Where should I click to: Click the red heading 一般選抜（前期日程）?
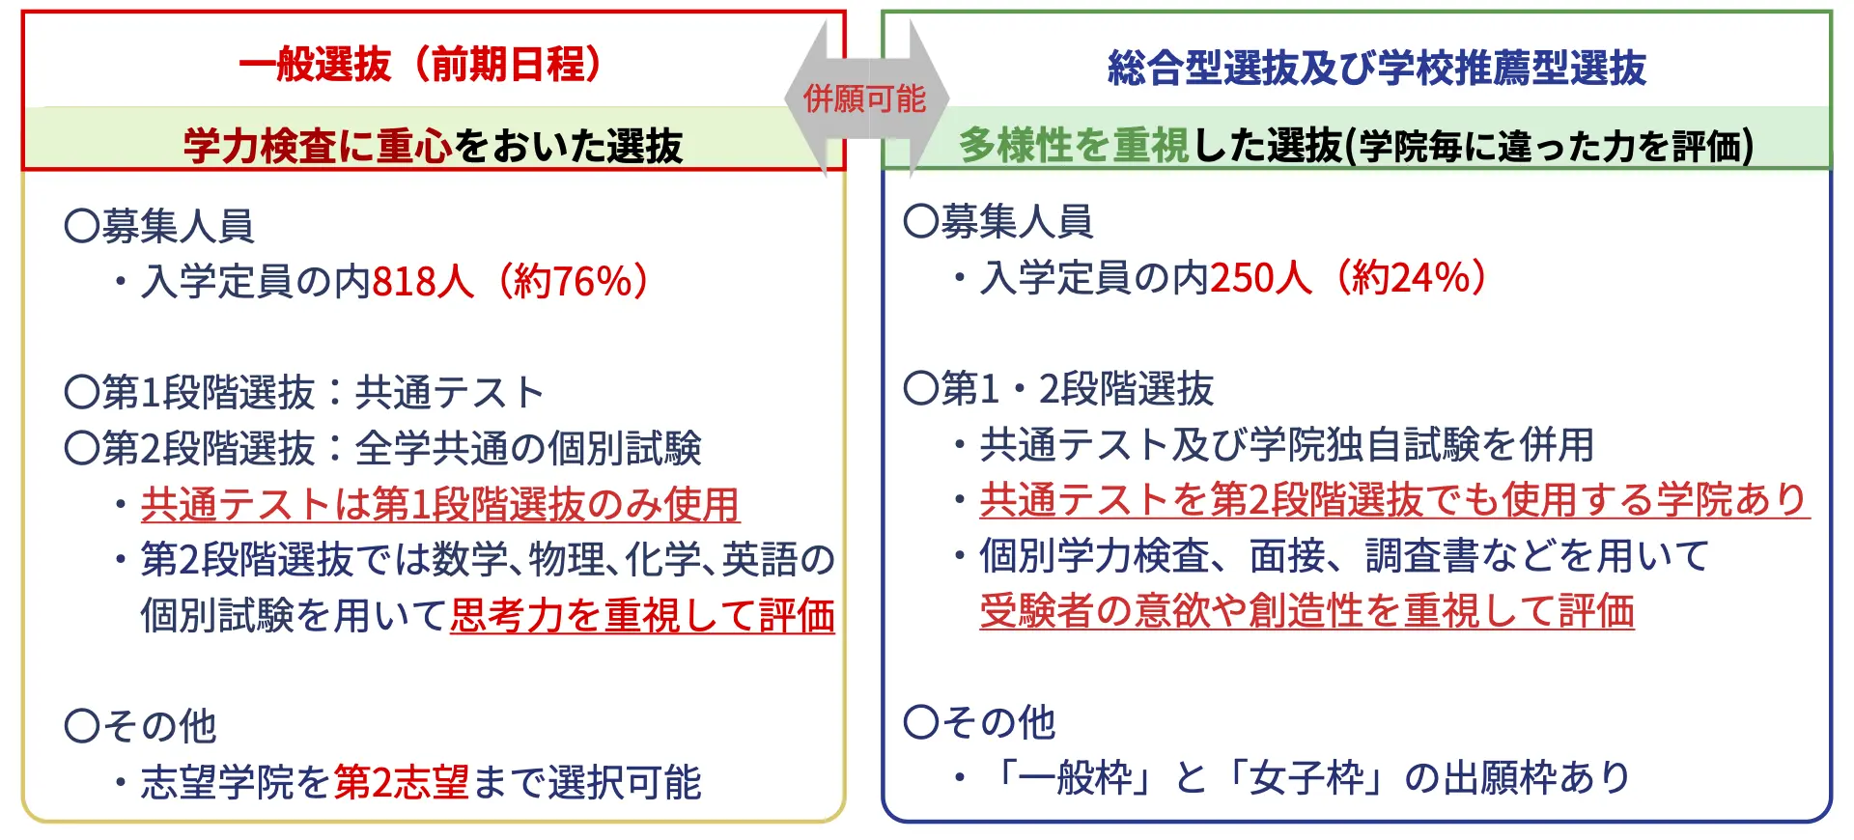coord(421,65)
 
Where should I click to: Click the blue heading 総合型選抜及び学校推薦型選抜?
coord(1376,69)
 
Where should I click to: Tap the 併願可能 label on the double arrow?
coord(865,98)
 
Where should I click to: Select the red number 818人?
coord(423,282)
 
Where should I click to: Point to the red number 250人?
coord(1261,278)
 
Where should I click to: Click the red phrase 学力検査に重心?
coord(318,146)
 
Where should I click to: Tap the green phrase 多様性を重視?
coord(1074,146)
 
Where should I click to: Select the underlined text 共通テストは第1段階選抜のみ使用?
coord(440,505)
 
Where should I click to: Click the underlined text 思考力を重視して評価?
coord(642,616)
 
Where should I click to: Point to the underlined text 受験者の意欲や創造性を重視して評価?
coord(1306,611)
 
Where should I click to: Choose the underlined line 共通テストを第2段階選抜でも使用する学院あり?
coord(1394,500)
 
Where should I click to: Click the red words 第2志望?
coord(402,783)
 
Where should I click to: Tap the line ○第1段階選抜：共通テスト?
coord(304,393)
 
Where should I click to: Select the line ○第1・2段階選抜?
coord(1058,389)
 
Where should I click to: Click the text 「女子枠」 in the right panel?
coord(1305,778)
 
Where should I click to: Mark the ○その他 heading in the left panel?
coord(141,726)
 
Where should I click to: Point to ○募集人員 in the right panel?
coord(998,222)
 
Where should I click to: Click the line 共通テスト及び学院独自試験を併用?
coord(1286,445)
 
